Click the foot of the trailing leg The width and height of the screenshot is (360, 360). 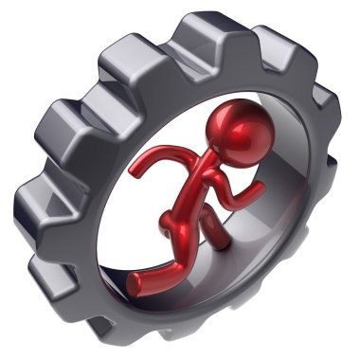coord(138,278)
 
